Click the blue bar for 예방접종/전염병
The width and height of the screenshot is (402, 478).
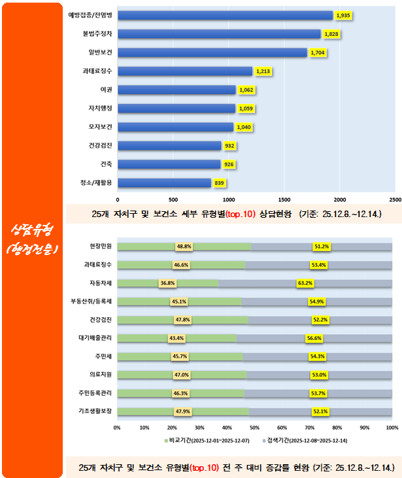pyautogui.click(x=226, y=15)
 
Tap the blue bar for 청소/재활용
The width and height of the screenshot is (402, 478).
pyautogui.click(x=165, y=183)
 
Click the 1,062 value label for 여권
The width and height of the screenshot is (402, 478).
pyautogui.click(x=246, y=90)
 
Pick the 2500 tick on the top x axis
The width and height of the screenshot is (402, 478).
pyautogui.click(x=395, y=199)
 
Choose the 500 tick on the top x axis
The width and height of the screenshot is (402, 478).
pyautogui.click(x=173, y=199)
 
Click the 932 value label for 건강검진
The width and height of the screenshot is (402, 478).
pyautogui.click(x=230, y=146)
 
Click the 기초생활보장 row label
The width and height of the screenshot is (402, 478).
pyautogui.click(x=96, y=411)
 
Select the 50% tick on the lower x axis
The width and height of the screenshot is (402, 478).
pyautogui.click(x=255, y=428)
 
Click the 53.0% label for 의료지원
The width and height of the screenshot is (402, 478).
pyautogui.click(x=320, y=375)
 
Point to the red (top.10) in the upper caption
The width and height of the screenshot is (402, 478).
pyautogui.click(x=240, y=214)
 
